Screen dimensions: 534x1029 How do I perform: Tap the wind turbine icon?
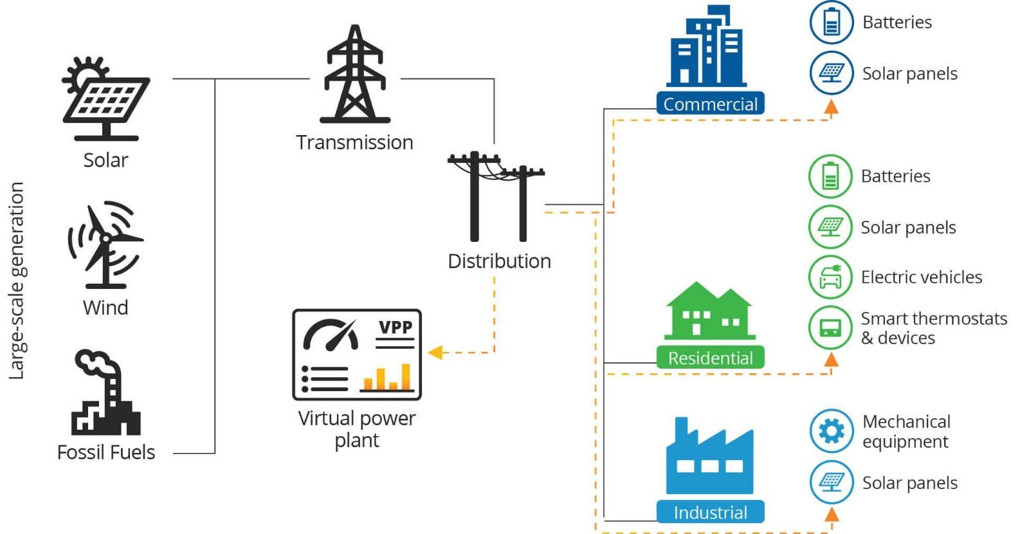(105, 245)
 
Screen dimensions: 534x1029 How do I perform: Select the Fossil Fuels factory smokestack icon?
(105, 392)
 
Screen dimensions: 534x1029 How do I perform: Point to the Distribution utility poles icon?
(496, 196)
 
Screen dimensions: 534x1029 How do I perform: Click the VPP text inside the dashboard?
(395, 327)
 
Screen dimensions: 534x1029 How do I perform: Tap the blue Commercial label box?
(710, 104)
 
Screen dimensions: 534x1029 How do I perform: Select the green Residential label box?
(710, 358)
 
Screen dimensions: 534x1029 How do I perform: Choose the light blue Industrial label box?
(710, 512)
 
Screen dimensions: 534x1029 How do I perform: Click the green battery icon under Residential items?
(830, 176)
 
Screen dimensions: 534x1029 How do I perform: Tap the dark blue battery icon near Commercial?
(831, 22)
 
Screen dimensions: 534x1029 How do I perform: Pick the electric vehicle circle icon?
(830, 277)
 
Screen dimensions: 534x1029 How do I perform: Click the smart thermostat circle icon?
(830, 327)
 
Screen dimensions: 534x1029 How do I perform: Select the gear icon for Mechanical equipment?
(831, 431)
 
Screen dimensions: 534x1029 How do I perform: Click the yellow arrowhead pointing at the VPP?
(435, 352)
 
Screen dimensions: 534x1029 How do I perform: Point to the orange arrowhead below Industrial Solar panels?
(832, 513)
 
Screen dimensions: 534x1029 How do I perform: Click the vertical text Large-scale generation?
(17, 281)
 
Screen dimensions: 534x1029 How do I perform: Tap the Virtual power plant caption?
(357, 429)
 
